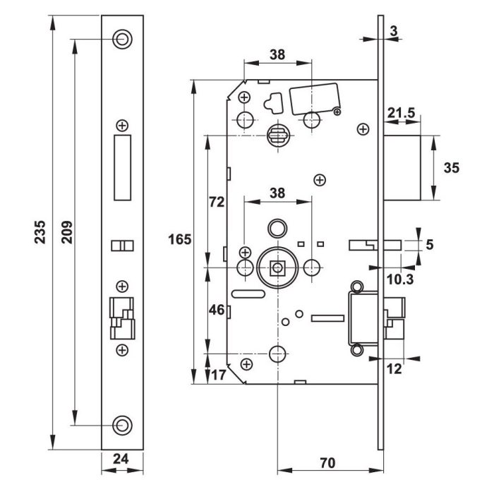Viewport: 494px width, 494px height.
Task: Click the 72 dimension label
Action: pos(217,203)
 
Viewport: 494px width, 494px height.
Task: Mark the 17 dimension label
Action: pos(218,375)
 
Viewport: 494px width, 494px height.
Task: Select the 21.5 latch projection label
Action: pos(400,112)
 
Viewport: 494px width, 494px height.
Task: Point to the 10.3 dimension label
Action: pos(399,279)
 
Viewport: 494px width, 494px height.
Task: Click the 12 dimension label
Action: pos(394,368)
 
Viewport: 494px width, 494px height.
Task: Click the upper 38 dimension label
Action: pos(277,54)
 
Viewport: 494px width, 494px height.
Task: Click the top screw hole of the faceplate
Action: pos(123,39)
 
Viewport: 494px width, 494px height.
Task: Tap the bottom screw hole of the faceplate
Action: pos(123,424)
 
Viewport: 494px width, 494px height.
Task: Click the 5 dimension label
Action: pos(430,245)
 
